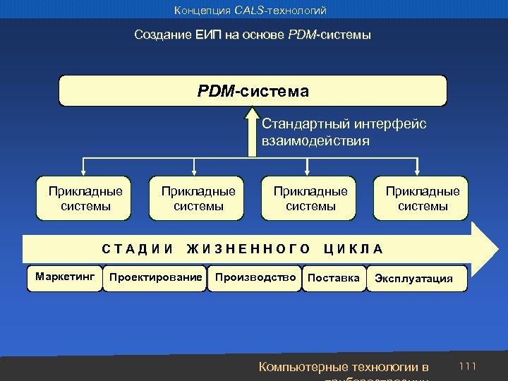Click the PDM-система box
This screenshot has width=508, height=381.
click(x=253, y=91)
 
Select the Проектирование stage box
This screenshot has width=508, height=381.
click(x=155, y=277)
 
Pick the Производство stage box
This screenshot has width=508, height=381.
click(x=255, y=277)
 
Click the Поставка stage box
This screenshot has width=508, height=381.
click(x=334, y=277)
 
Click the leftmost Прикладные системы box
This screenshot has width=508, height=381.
click(x=85, y=198)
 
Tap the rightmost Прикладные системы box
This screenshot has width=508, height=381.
click(x=422, y=198)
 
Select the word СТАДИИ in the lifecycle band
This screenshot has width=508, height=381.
click(x=138, y=248)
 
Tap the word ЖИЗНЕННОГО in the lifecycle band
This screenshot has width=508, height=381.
click(x=248, y=248)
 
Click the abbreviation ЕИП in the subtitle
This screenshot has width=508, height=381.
click(x=212, y=35)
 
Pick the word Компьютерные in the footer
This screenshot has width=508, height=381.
click(x=303, y=367)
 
